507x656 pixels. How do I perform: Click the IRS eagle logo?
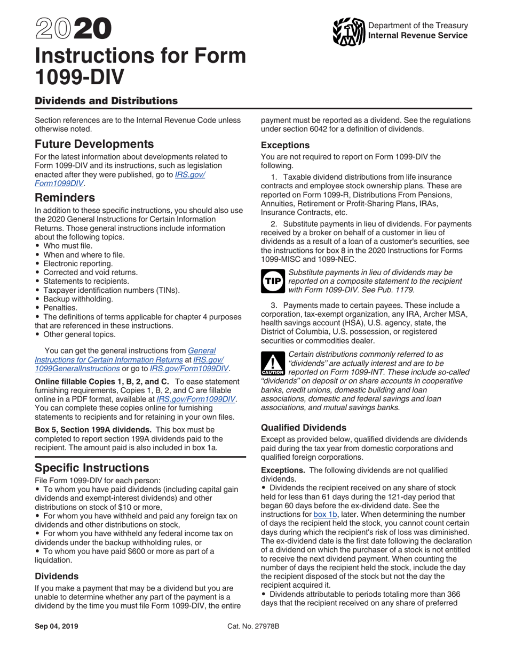tap(348, 31)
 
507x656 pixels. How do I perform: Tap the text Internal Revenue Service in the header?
tap(418, 36)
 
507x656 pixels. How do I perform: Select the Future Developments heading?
tap(94, 144)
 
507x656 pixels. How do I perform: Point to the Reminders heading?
tap(65, 197)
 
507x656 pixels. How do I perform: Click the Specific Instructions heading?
tap(91, 468)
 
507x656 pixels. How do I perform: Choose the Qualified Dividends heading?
tap(304, 427)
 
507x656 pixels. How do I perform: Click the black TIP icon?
tap(273, 282)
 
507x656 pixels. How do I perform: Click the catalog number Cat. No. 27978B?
tap(253, 626)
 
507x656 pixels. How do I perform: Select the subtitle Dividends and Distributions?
tap(106, 101)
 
